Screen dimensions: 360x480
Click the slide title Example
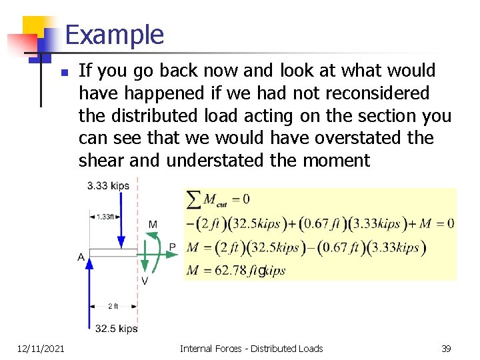[115, 35]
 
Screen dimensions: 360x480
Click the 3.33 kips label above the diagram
[108, 185]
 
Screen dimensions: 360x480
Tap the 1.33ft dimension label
[105, 216]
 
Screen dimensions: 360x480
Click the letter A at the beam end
[81, 257]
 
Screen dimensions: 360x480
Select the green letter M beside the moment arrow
[153, 225]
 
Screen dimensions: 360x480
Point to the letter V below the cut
[145, 281]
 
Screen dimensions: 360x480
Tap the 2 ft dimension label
[113, 306]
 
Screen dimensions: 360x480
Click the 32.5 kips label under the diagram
[116, 328]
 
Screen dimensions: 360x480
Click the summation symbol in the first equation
[194, 198]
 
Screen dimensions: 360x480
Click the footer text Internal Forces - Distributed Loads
[251, 348]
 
